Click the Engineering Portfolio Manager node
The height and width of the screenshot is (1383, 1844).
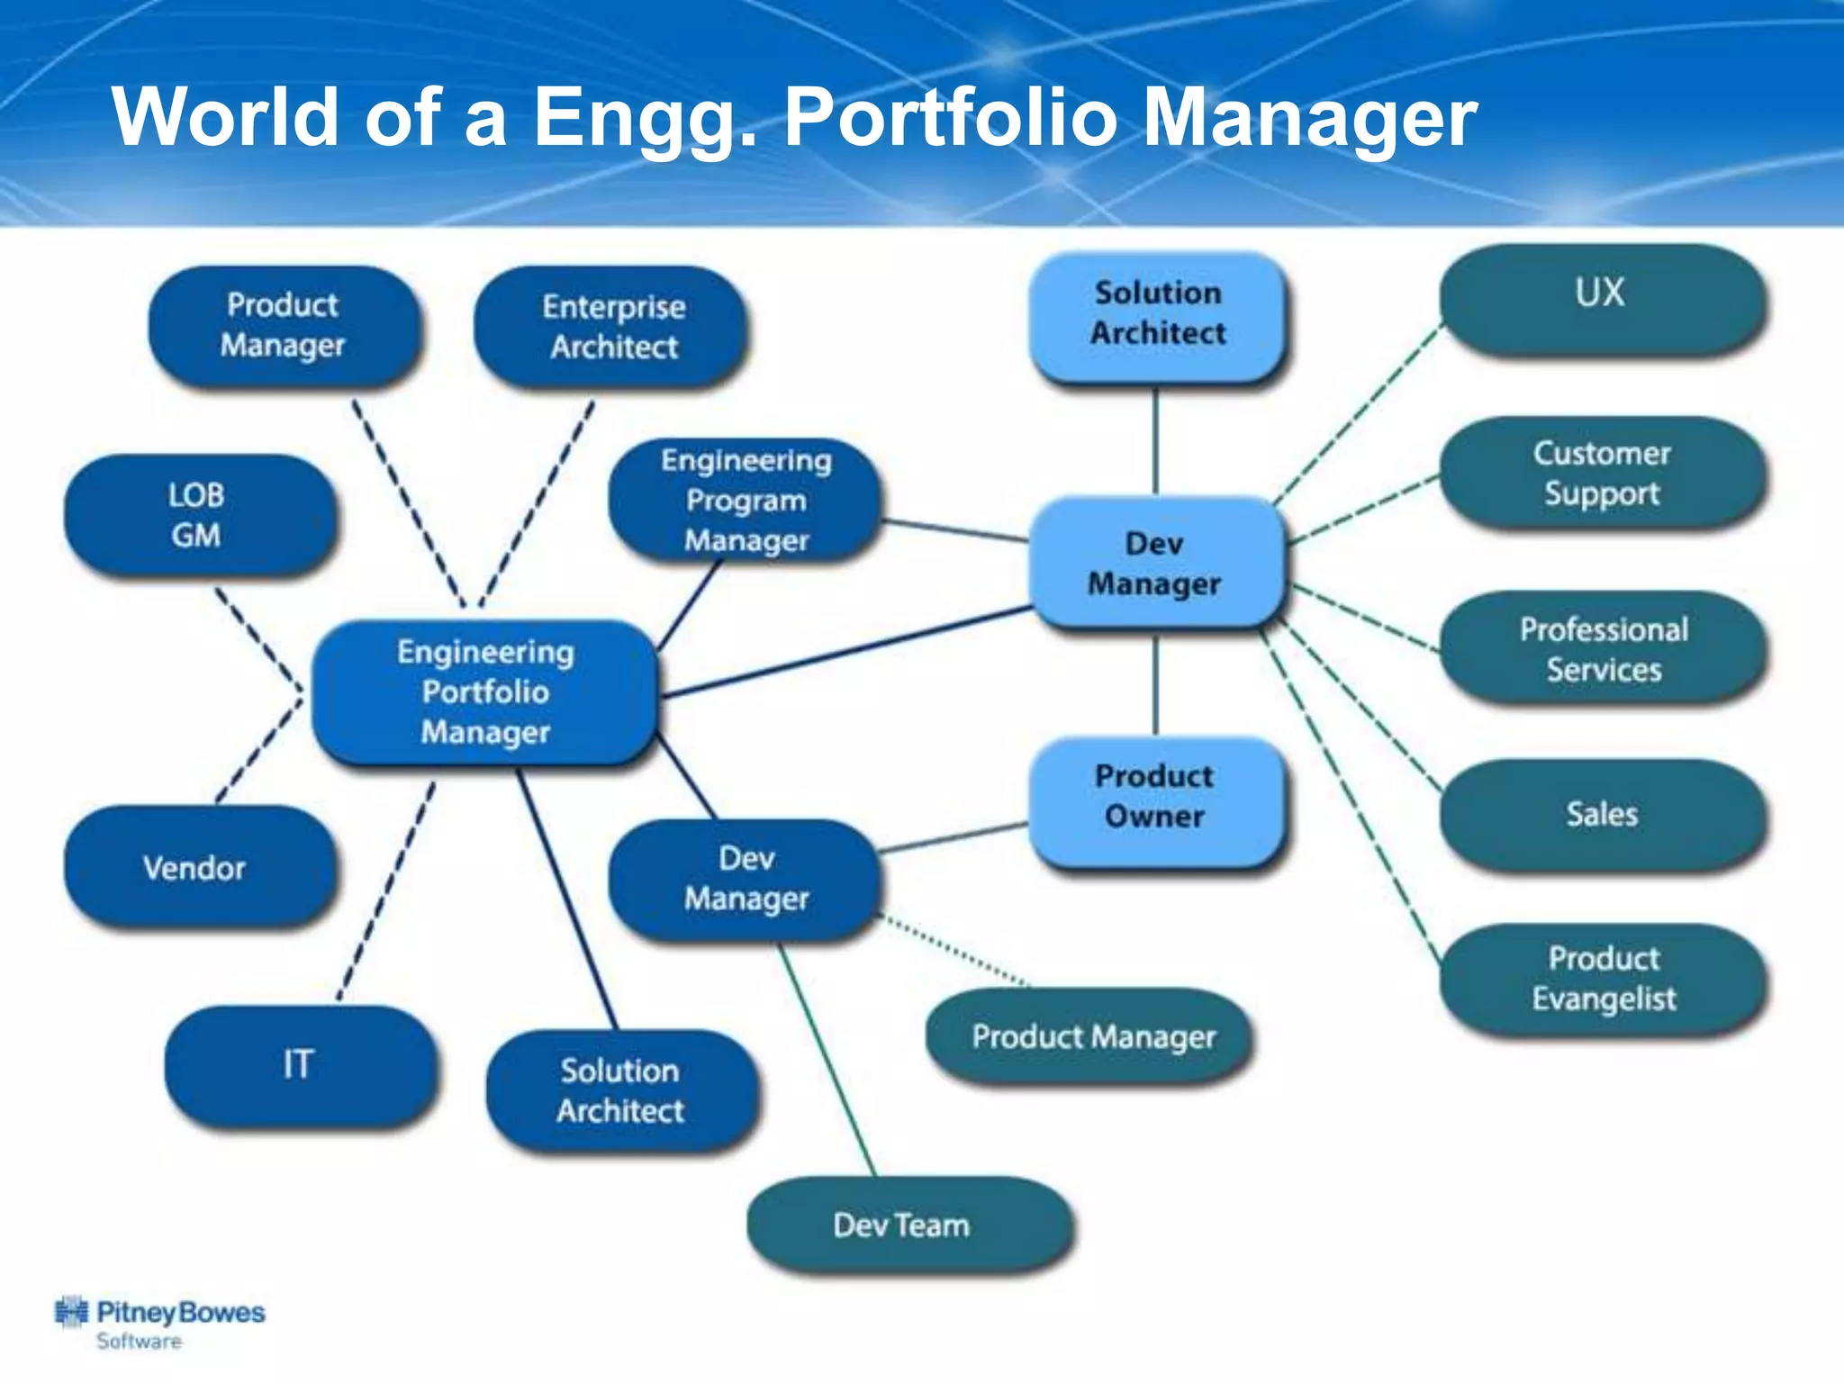(x=485, y=691)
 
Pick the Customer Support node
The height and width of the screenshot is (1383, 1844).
(x=1601, y=474)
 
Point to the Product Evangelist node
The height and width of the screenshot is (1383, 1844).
(x=1603, y=979)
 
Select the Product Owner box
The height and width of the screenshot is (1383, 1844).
(x=1155, y=798)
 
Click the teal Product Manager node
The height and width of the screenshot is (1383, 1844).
(x=1091, y=1037)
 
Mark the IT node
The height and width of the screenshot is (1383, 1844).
(x=299, y=1064)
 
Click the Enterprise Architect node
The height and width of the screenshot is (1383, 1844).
(x=612, y=327)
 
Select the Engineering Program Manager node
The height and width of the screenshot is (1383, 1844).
(x=746, y=501)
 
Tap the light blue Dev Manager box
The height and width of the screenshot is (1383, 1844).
(x=1155, y=564)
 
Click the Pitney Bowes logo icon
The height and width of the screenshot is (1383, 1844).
(x=71, y=1313)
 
